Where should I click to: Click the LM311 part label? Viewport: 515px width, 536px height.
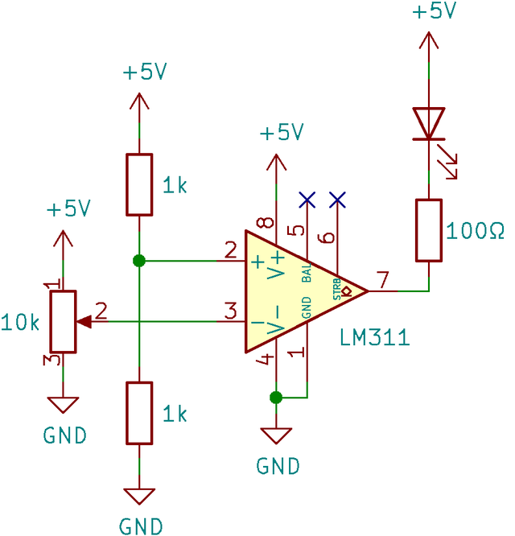point(374,337)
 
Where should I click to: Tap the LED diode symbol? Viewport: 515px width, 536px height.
point(429,124)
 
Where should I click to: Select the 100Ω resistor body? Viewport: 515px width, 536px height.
point(429,230)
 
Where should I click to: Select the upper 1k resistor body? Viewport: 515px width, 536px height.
point(139,184)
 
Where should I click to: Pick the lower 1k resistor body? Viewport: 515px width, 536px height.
point(139,413)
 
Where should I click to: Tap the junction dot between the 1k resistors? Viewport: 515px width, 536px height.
point(139,261)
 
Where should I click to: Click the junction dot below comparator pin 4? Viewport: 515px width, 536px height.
point(276,397)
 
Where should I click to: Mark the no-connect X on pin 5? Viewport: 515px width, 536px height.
point(307,198)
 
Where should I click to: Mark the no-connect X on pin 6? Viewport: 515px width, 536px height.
point(337,198)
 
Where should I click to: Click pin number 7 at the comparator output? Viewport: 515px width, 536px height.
point(383,279)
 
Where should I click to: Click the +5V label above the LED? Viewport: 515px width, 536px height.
point(434,12)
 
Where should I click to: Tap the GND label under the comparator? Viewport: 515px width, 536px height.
point(278,465)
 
